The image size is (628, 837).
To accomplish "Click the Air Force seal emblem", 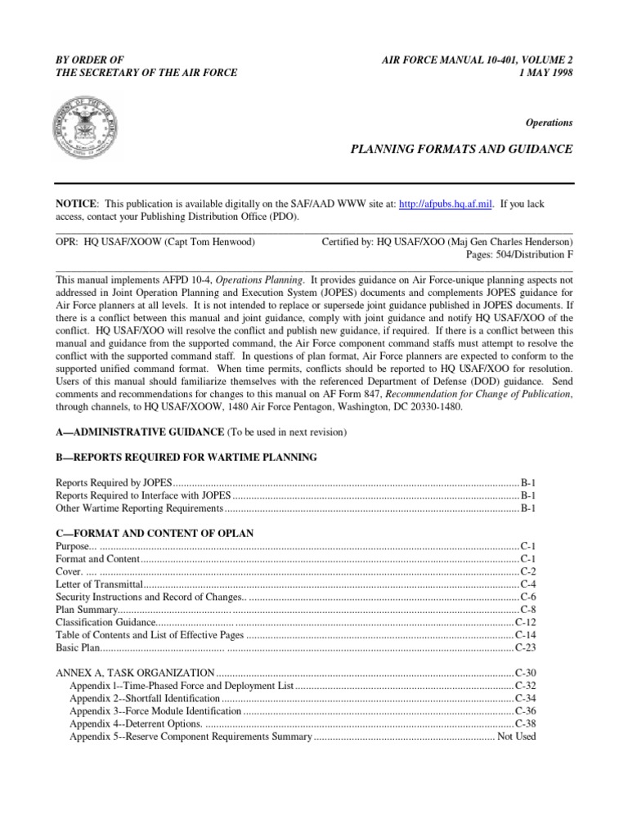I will [85, 125].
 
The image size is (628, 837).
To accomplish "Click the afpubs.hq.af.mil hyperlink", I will [445, 204].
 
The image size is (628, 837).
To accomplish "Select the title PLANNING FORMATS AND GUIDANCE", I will [462, 150].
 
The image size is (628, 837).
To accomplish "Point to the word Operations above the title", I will [549, 123].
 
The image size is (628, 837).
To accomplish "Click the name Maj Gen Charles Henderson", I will [505, 243].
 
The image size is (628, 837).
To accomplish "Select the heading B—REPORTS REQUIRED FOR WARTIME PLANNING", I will [186, 456].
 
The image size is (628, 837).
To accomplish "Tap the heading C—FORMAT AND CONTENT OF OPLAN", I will [155, 533].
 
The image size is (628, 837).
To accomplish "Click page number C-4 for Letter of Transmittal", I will [527, 584].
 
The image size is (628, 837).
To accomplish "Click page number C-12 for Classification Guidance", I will [525, 623].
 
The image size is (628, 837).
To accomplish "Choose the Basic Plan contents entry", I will [78, 648].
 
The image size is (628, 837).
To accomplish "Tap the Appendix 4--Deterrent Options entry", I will [135, 724].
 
